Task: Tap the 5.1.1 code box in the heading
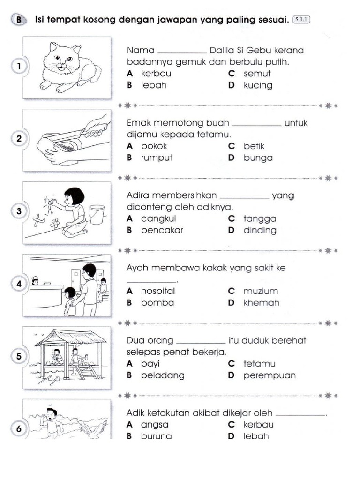301,20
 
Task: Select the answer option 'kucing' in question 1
257,85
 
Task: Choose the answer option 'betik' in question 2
254,146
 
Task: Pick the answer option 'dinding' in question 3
260,230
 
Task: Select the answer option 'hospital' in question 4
158,291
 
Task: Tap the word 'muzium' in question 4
261,291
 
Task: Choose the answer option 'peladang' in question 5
163,375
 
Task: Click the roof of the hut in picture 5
70,337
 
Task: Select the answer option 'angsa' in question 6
155,425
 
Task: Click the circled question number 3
19,211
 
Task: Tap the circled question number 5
19,356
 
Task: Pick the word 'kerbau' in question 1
156,74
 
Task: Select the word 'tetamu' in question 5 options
259,364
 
